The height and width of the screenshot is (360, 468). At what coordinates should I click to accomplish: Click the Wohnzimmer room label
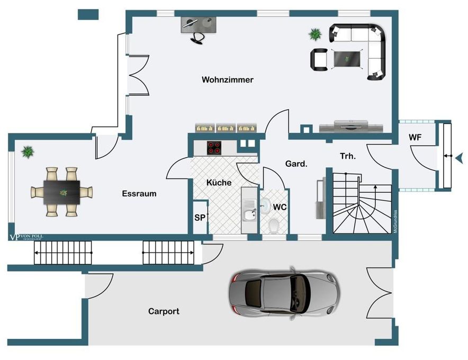pyautogui.click(x=228, y=80)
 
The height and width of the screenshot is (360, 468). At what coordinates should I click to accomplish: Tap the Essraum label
pyautogui.click(x=139, y=193)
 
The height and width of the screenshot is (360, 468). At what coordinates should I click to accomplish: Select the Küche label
pyautogui.click(x=219, y=183)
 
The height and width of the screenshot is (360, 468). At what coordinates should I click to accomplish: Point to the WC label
pyautogui.click(x=280, y=207)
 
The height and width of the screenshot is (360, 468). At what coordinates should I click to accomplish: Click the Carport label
pyautogui.click(x=164, y=311)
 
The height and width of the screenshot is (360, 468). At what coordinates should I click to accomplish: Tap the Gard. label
pyautogui.click(x=296, y=164)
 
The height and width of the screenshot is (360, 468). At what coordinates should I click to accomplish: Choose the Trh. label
pyautogui.click(x=347, y=156)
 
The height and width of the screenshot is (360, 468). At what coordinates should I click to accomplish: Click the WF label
pyautogui.click(x=416, y=138)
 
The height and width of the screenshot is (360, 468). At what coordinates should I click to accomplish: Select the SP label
pyautogui.click(x=200, y=218)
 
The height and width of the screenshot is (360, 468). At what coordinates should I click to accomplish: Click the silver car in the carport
pyautogui.click(x=283, y=292)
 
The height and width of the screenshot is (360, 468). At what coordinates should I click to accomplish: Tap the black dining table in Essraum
pyautogui.click(x=62, y=191)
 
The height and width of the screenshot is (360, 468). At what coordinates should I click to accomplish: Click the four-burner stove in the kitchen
pyautogui.click(x=214, y=148)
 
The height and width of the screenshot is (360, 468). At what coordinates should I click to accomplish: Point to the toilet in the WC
pyautogui.click(x=274, y=227)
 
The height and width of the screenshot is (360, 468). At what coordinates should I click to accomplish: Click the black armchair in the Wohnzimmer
pyautogui.click(x=319, y=59)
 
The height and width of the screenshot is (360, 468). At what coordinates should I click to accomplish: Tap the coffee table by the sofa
pyautogui.click(x=347, y=57)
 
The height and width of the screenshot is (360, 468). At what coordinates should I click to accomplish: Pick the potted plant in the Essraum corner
pyautogui.click(x=28, y=152)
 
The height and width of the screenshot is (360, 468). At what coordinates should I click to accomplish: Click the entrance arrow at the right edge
pyautogui.click(x=459, y=157)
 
